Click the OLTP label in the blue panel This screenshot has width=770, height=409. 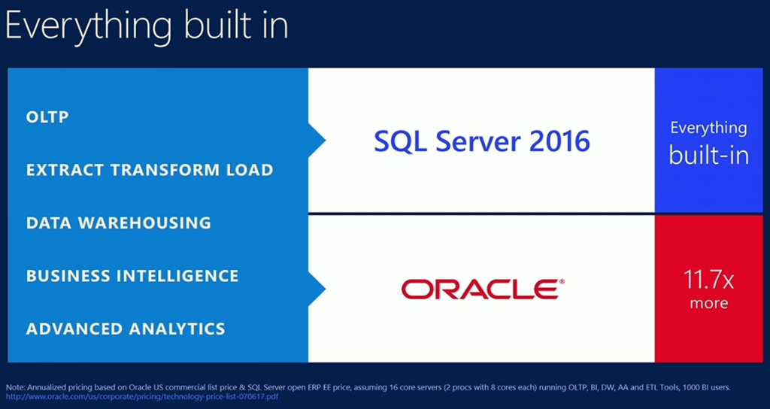[47, 117]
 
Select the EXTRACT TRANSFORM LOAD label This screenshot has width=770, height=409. [150, 170]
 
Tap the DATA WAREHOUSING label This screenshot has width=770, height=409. [118, 223]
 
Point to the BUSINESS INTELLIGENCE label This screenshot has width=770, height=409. [132, 276]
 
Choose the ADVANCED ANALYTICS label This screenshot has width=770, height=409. [126, 329]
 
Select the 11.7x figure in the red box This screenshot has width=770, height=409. [708, 280]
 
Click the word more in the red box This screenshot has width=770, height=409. [708, 304]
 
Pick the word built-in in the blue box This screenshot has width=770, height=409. [708, 156]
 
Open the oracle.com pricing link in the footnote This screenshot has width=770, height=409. [142, 396]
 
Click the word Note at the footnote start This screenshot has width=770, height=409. [15, 387]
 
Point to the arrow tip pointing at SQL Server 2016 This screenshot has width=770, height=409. [323, 140]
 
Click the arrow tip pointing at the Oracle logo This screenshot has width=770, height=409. [323, 289]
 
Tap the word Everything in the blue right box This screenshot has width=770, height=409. [708, 128]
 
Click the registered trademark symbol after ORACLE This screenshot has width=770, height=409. [561, 282]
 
